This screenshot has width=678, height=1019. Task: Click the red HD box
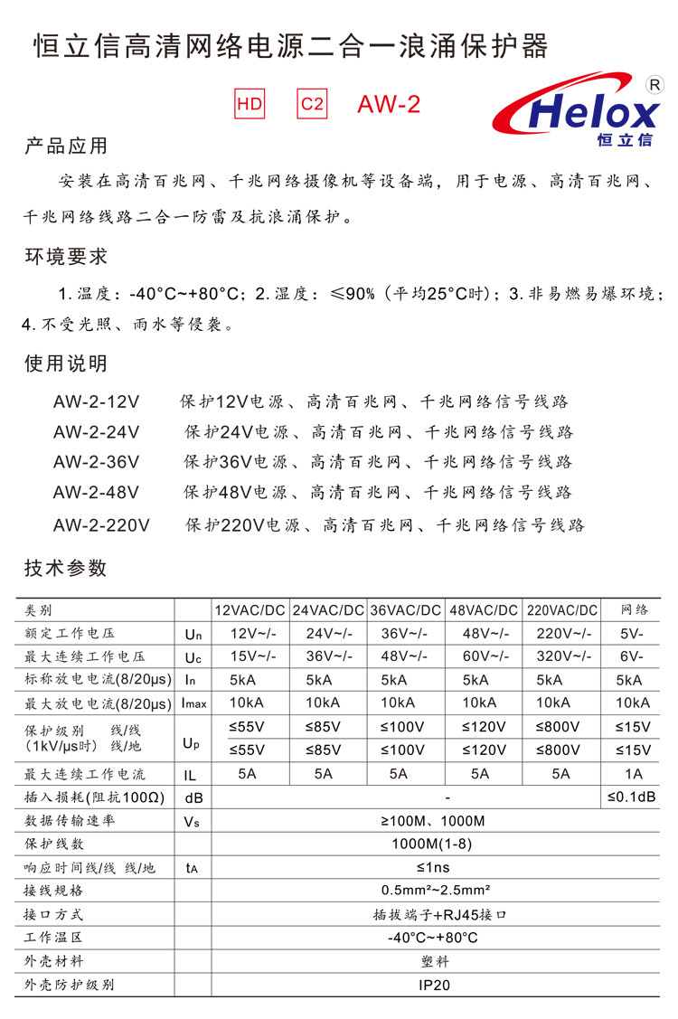250,104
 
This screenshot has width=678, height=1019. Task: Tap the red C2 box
311,104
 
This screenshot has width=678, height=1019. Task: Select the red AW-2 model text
389,105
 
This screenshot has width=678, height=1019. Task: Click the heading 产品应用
65,146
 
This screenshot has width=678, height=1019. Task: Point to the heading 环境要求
65,256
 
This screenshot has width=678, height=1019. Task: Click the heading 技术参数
65,568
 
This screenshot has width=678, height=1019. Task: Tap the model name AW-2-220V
101,524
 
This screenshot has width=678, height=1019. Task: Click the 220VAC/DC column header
561,610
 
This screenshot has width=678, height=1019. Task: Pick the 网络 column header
633,610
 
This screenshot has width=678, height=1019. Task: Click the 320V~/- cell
561,656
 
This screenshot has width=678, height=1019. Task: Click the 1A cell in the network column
633,774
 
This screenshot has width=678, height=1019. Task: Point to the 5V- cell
633,633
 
